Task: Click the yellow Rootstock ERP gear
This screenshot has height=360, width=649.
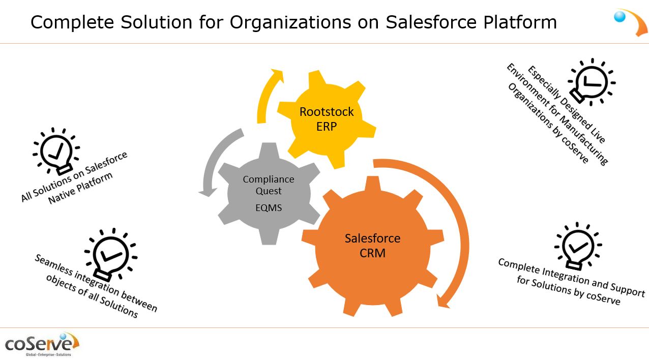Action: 327,119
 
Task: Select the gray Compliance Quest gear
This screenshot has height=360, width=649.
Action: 269,193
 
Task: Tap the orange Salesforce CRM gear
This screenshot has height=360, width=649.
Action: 373,246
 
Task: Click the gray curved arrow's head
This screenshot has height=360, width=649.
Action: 208,192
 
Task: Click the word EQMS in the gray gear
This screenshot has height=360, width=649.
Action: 269,207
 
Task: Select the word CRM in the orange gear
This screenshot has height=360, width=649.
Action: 373,253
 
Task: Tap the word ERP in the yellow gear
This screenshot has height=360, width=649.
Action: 327,127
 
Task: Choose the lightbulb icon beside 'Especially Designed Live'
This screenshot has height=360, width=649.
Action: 591,82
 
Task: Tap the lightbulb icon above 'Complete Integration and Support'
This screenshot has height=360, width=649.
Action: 578,246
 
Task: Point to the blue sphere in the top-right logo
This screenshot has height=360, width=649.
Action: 619,16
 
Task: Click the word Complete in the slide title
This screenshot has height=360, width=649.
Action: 72,22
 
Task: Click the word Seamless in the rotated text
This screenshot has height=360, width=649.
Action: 53,265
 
